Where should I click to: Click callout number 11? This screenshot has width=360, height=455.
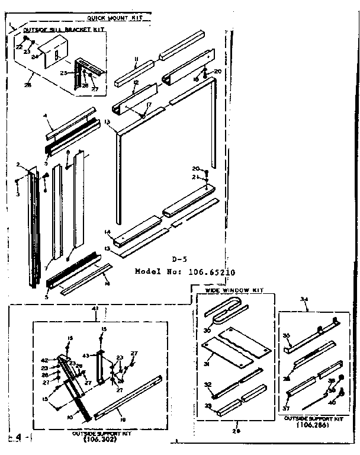click(136, 59)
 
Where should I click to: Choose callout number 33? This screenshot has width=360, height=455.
click(207, 405)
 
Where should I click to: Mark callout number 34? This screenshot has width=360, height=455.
click(305, 299)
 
